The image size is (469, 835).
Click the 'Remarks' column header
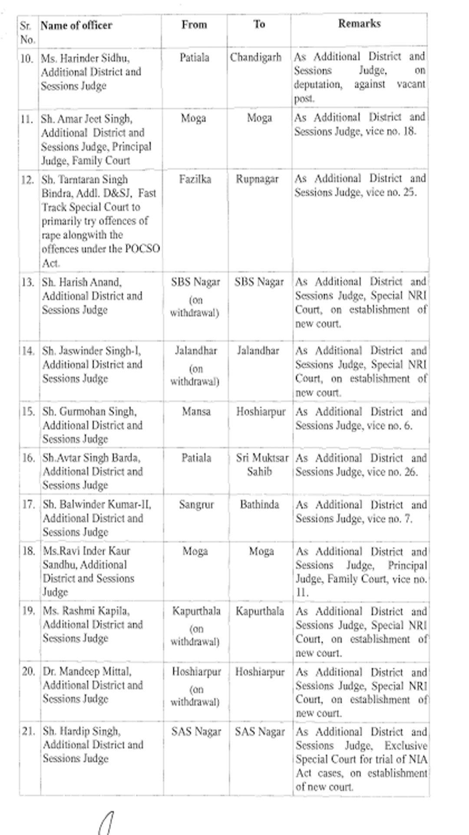click(x=359, y=23)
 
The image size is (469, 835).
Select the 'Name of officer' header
click(x=76, y=26)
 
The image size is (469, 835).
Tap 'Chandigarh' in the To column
click(x=256, y=57)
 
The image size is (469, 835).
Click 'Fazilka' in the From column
click(x=195, y=179)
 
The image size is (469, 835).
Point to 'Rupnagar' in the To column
click(x=257, y=179)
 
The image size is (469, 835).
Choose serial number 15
click(x=28, y=411)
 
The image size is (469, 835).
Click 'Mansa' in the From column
click(x=196, y=411)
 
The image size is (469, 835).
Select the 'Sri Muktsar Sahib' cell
click(x=262, y=464)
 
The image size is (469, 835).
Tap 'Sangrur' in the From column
click(x=196, y=505)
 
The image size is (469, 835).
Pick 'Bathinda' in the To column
click(x=260, y=505)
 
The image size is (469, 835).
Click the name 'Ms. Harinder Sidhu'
click(x=86, y=58)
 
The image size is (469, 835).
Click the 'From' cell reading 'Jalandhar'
click(x=196, y=351)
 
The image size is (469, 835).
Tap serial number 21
click(x=28, y=731)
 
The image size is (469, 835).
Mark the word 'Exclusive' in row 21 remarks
click(x=406, y=746)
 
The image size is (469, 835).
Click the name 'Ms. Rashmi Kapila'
click(x=86, y=611)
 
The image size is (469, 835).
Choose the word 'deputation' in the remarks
click(x=317, y=84)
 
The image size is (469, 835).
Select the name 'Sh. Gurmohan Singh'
click(x=89, y=411)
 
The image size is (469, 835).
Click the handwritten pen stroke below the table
click(x=106, y=822)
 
